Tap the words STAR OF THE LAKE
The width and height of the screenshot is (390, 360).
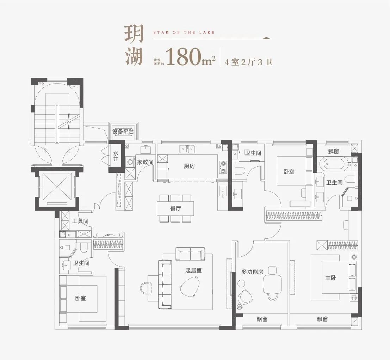[184, 32]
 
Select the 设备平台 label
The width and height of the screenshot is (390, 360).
[123, 132]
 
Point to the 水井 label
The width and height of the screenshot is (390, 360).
[116, 155]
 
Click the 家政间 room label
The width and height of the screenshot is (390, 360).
[145, 162]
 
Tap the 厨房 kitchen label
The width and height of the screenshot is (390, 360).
[189, 166]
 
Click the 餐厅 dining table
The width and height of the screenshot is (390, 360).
[175, 208]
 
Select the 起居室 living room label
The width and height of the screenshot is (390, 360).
[193, 270]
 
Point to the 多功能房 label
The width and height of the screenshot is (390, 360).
[253, 271]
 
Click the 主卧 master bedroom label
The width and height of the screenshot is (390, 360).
[330, 277]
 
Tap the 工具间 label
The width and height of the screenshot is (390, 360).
[80, 221]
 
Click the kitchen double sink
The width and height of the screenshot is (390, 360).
[187, 150]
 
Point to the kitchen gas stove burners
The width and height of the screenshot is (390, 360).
[223, 167]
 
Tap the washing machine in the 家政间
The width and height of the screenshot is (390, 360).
[130, 163]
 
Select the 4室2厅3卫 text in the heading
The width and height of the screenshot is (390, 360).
[248, 62]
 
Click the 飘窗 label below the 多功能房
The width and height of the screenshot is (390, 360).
[262, 319]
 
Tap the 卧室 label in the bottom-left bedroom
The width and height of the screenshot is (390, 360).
[81, 298]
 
